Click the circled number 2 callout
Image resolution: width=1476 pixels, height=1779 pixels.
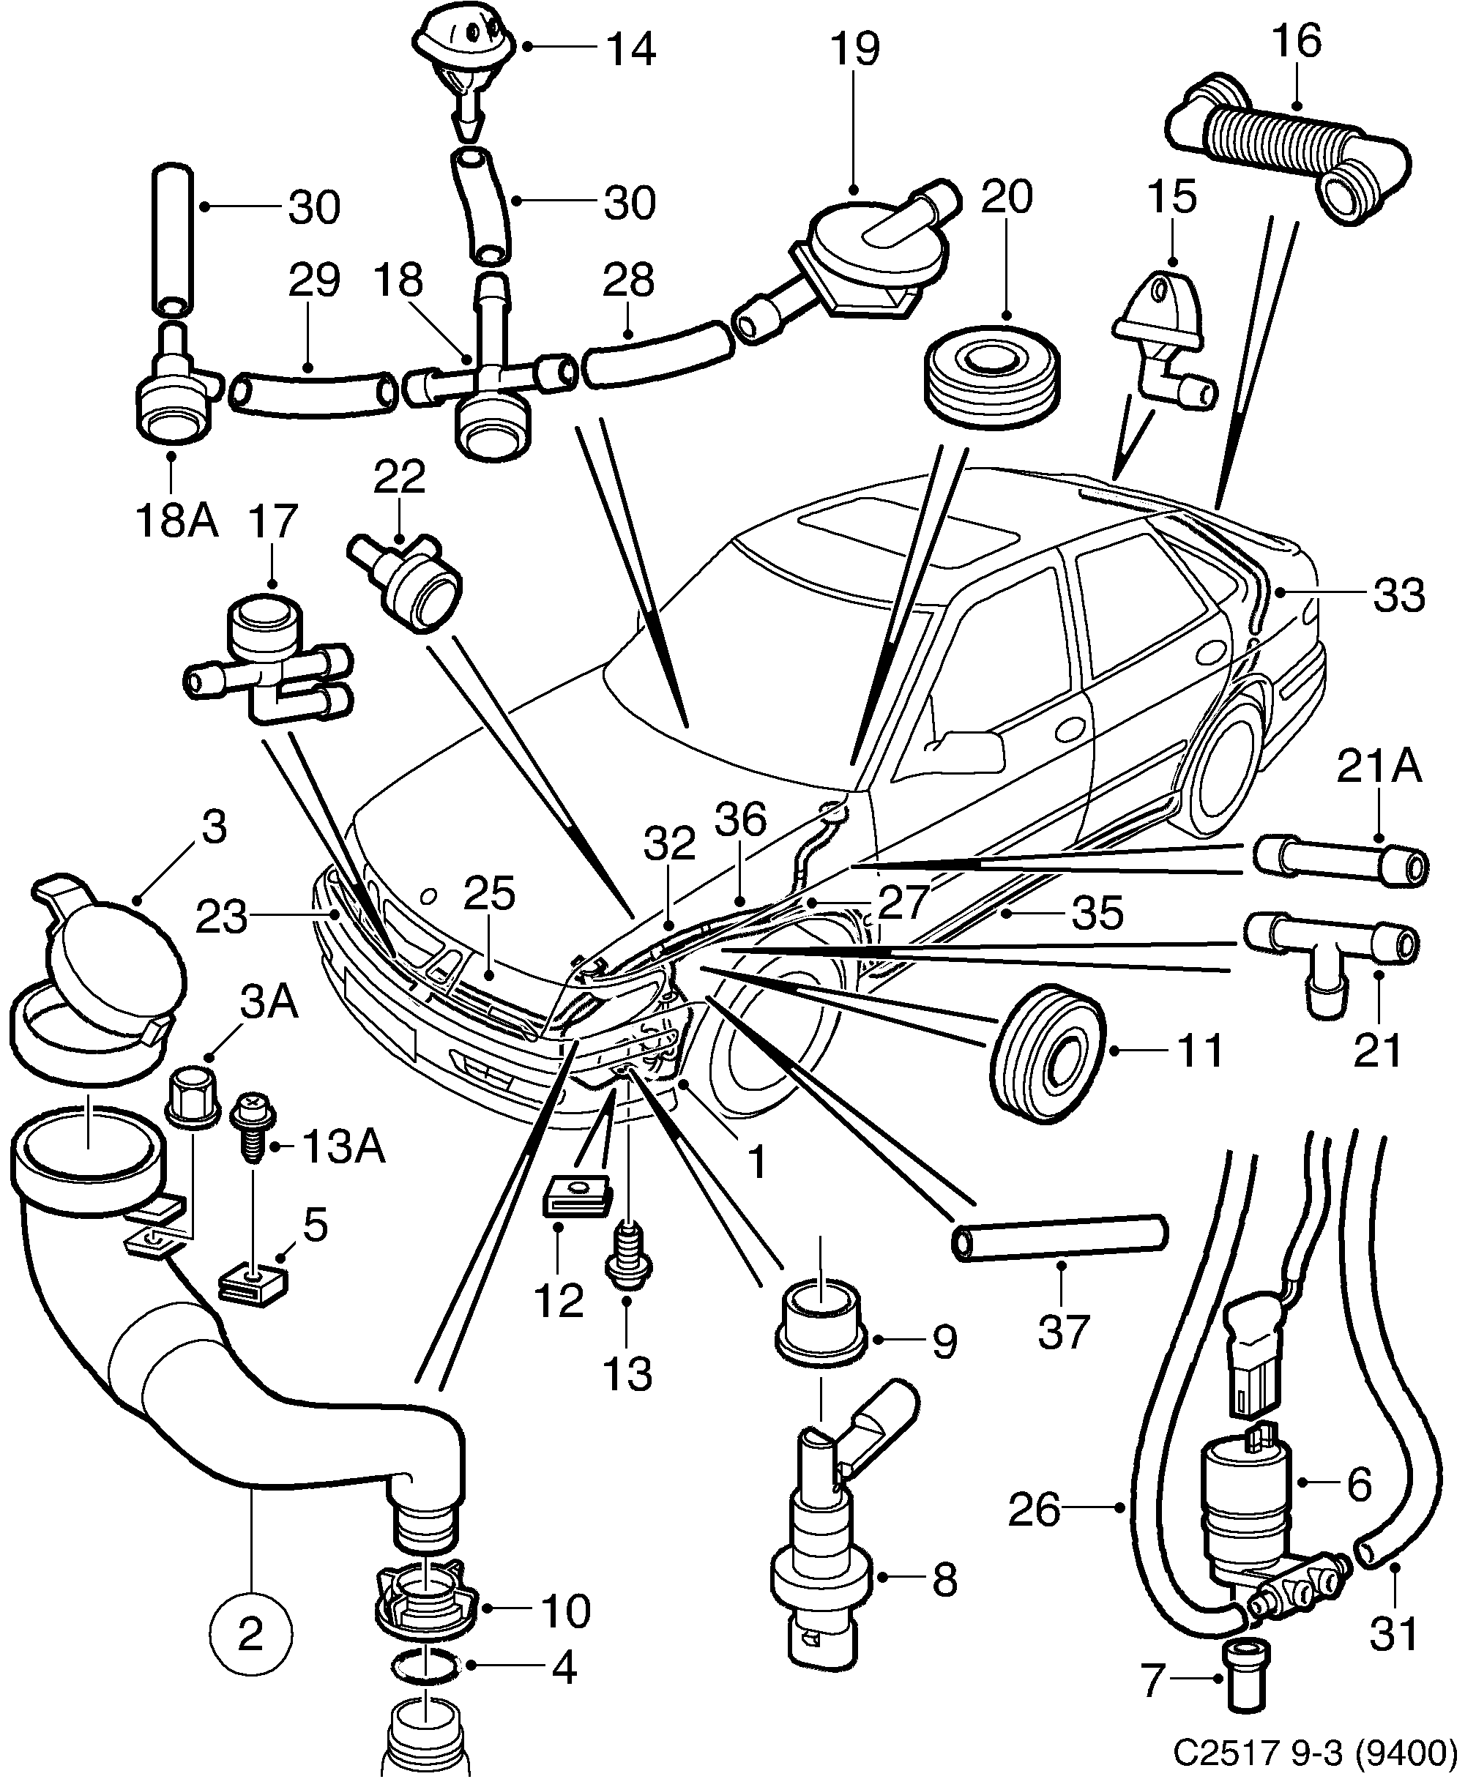tap(251, 1635)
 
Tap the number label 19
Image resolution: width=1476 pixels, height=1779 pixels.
tap(854, 48)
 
